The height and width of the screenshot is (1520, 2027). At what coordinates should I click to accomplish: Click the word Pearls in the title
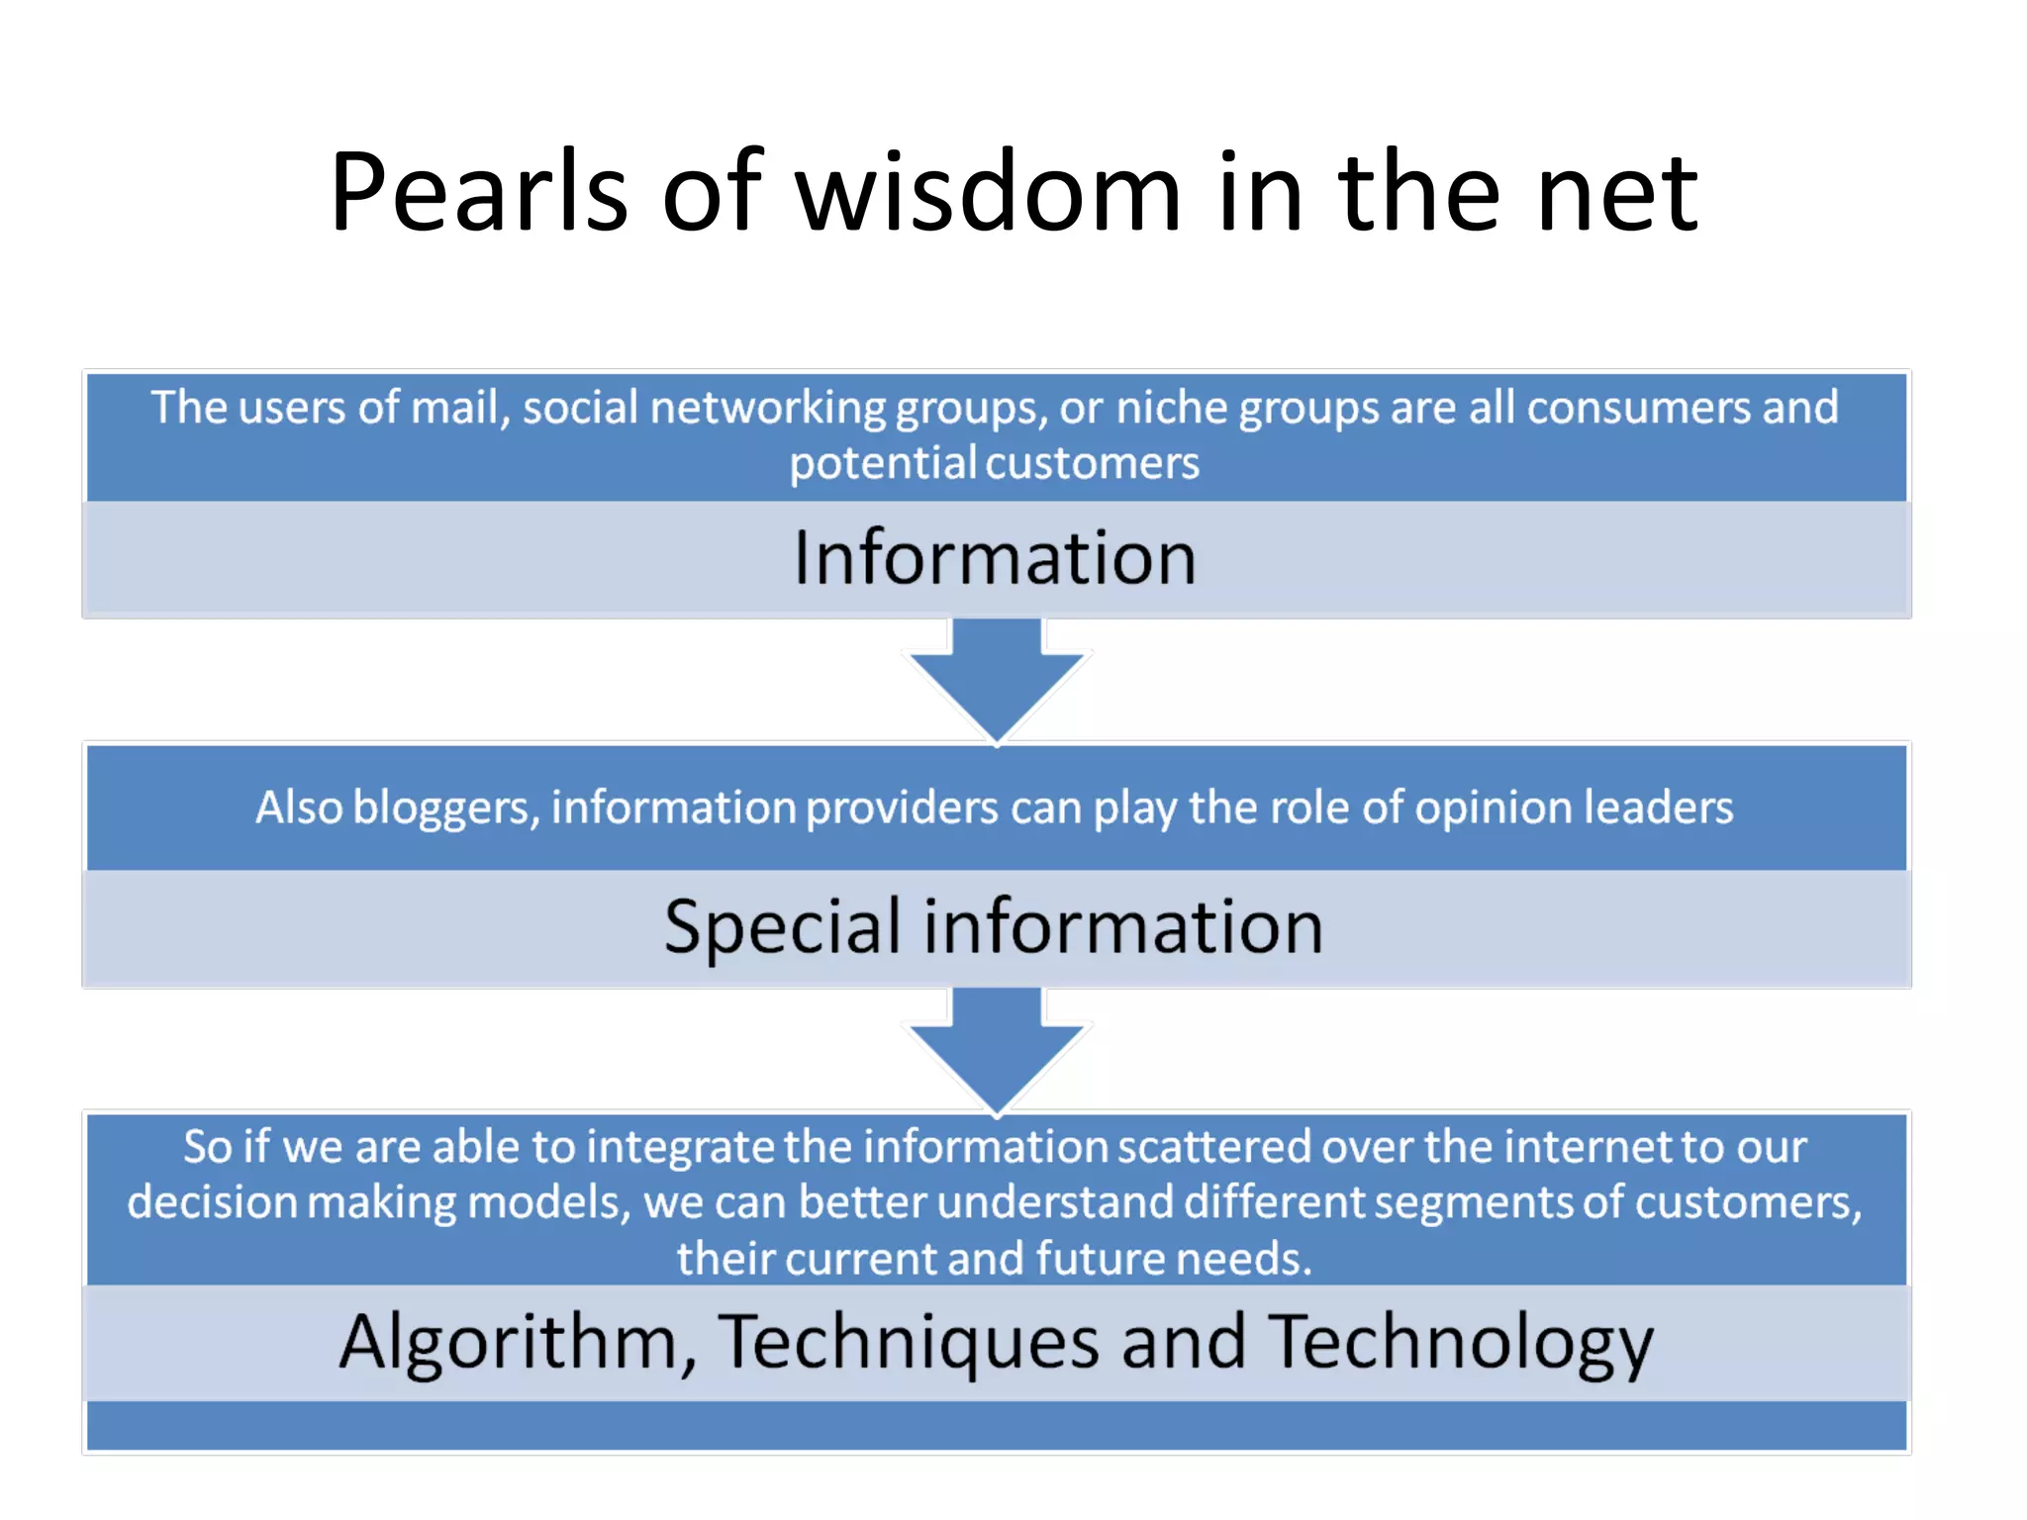(479, 193)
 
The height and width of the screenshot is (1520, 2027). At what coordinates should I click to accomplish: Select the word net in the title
(1617, 193)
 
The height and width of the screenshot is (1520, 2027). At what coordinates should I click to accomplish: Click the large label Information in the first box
(995, 558)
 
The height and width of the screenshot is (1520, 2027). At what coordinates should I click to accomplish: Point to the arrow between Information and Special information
(997, 678)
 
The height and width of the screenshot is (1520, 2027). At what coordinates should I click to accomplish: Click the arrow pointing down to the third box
(997, 1049)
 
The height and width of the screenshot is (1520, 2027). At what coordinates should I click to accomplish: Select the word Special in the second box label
(782, 928)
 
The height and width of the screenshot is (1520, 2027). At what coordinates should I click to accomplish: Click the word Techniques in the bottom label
(908, 1344)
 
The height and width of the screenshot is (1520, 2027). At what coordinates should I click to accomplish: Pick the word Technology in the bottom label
(1461, 1344)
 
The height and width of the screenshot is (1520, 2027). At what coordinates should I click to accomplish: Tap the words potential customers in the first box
(994, 464)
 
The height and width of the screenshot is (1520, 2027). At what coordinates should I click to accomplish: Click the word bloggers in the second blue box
(445, 808)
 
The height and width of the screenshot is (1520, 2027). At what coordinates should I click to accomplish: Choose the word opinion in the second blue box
(1493, 808)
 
